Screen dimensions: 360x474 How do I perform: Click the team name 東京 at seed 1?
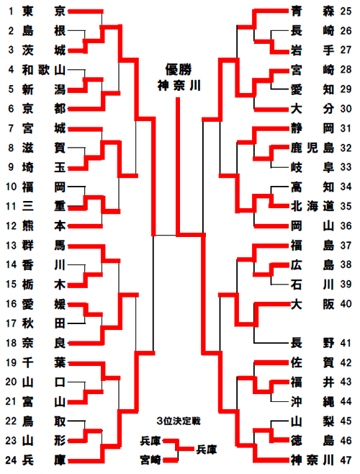tap(44, 12)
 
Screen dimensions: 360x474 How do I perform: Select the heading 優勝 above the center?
tap(179, 70)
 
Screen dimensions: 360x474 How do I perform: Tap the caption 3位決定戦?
tap(179, 421)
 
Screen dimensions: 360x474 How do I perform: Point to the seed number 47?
tap(346, 460)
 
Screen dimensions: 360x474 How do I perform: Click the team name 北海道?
tap(312, 206)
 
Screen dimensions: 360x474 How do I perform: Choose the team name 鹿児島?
tap(312, 148)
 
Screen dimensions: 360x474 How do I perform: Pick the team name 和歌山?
tap(44, 70)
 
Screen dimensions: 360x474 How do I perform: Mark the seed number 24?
tap(11, 460)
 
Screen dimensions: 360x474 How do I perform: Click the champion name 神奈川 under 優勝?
tap(179, 86)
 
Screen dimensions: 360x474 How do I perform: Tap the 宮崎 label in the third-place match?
tap(150, 460)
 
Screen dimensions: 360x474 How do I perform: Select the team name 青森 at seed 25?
tap(312, 12)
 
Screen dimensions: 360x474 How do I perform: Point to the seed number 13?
tap(11, 245)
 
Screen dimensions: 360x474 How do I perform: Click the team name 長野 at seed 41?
tap(312, 343)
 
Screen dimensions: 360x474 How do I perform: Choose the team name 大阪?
tap(312, 304)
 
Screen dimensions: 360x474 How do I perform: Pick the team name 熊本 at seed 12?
tap(44, 225)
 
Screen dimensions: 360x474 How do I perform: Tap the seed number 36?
tap(346, 225)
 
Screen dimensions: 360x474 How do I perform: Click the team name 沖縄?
tap(312, 401)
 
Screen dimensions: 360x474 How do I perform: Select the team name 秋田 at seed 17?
tap(44, 323)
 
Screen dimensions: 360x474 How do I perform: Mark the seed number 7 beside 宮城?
tap(11, 128)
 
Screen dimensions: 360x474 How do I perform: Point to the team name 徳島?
tap(312, 440)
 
